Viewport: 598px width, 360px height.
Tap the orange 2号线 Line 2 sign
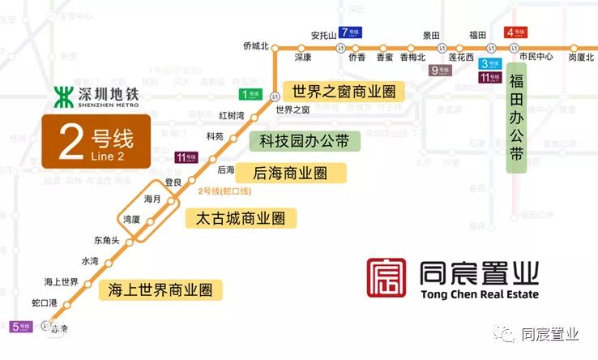(96, 142)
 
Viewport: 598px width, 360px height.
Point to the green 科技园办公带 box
(304, 141)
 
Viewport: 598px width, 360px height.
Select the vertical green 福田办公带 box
(516, 122)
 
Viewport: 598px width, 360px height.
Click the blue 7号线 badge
(351, 32)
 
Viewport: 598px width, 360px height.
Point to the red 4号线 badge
(515, 32)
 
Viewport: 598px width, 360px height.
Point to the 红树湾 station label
(232, 116)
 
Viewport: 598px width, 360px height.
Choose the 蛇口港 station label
(45, 302)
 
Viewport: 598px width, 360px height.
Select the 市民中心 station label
(536, 57)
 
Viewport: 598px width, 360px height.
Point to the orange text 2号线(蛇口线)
(224, 191)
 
